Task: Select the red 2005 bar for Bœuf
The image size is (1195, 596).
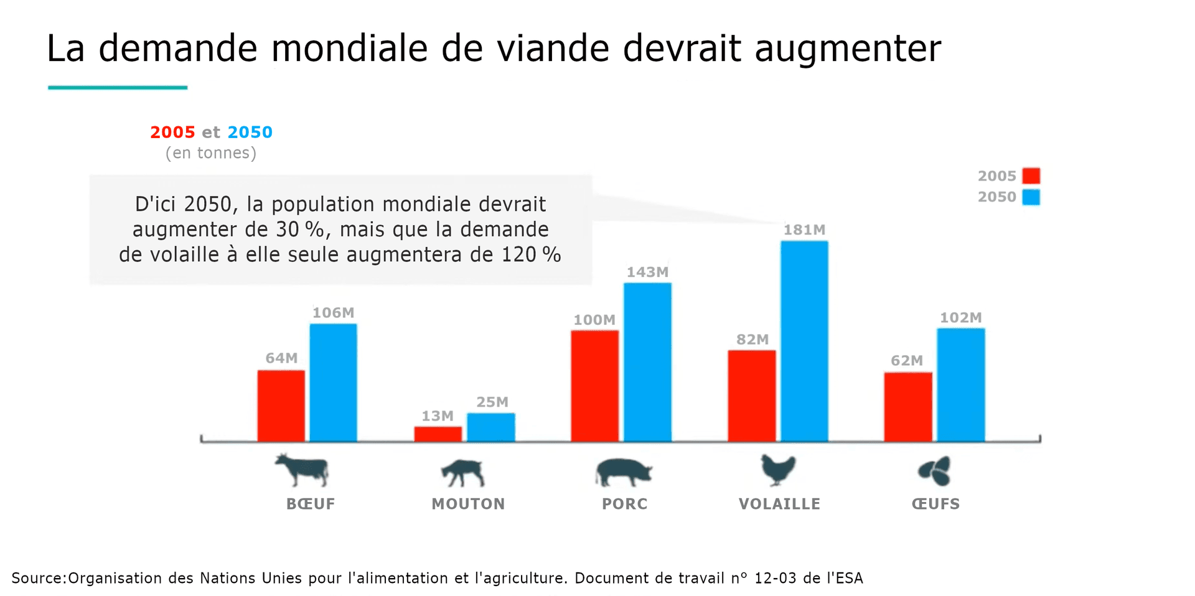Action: tap(281, 406)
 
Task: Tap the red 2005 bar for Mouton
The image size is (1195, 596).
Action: tap(438, 434)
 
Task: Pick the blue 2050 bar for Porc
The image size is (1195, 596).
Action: tap(647, 362)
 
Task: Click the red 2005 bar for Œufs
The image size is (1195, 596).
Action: tap(908, 407)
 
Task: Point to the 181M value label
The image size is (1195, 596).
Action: tap(804, 230)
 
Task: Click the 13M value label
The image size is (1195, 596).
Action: tap(438, 416)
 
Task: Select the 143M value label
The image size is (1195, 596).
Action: tap(647, 272)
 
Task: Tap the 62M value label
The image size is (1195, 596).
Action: tap(907, 361)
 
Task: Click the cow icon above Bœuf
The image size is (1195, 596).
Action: tap(302, 470)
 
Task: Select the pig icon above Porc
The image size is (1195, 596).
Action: tap(623, 472)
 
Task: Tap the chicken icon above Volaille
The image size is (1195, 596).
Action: tap(778, 470)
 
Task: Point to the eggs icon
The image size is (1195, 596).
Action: tap(935, 471)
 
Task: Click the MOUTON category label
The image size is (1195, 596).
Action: tap(468, 504)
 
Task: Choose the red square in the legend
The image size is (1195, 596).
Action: tap(1031, 176)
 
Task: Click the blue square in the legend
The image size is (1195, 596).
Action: tap(1031, 197)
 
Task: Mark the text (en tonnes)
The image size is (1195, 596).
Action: tap(211, 153)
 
